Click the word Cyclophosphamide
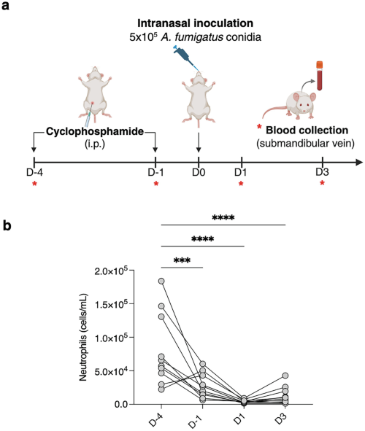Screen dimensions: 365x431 point(95,132)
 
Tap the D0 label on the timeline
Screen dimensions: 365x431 point(199,172)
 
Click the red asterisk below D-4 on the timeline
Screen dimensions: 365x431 point(34,184)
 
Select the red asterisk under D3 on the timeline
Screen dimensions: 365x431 point(322,183)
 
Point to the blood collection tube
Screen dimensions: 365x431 point(319,76)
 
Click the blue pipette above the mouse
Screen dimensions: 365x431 point(185,57)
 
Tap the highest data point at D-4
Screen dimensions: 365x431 point(161,281)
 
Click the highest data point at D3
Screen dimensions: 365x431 point(285,376)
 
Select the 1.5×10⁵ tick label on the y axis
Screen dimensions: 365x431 point(111,304)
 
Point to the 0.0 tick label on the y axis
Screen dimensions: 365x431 point(121,404)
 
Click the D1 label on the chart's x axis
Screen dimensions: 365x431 point(239,419)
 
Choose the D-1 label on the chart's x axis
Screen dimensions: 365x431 point(196,421)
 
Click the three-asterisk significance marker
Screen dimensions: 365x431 point(182,260)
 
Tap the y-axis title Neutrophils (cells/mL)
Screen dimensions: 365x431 point(83,337)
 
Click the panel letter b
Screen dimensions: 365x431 point(7,226)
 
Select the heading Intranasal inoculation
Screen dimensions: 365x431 point(196,23)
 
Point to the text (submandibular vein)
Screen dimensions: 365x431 point(305,143)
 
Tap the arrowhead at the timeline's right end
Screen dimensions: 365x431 point(359,162)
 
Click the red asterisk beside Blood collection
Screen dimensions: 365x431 point(259,127)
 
